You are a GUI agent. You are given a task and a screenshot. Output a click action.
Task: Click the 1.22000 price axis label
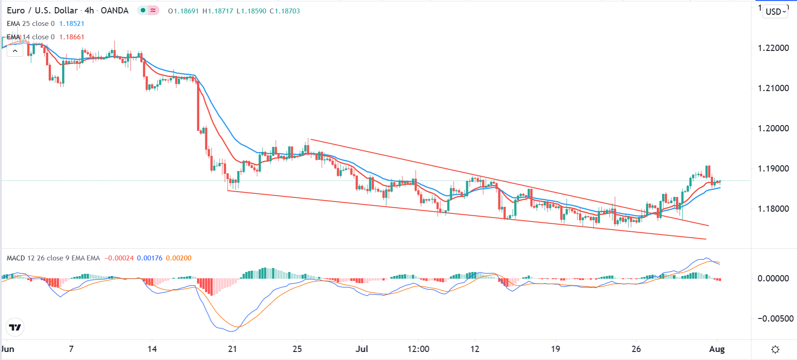pyautogui.click(x=773, y=48)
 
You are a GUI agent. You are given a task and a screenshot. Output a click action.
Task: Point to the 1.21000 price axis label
pyautogui.click(x=773, y=88)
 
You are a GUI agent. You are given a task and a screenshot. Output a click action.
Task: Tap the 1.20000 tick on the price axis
pyautogui.click(x=773, y=128)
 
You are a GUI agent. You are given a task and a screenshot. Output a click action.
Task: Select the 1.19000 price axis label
pyautogui.click(x=773, y=168)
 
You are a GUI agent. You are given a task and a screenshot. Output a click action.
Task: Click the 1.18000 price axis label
pyautogui.click(x=773, y=209)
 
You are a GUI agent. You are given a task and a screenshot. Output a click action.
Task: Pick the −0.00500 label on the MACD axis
pyautogui.click(x=776, y=318)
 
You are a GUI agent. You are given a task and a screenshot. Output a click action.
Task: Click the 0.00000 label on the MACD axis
pyautogui.click(x=773, y=278)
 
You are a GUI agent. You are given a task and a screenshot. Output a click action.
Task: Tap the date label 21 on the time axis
pyautogui.click(x=232, y=349)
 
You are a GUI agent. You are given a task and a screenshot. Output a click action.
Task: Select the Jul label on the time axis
pyautogui.click(x=362, y=349)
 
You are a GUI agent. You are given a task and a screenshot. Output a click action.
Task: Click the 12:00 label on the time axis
pyautogui.click(x=418, y=349)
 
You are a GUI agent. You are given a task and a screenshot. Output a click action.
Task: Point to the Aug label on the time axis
pyautogui.click(x=717, y=349)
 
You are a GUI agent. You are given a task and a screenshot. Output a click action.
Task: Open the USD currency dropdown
pyautogui.click(x=776, y=12)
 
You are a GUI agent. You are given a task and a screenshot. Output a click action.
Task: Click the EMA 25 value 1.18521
pyautogui.click(x=72, y=24)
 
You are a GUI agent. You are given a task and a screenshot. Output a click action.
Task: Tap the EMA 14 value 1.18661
pyautogui.click(x=72, y=37)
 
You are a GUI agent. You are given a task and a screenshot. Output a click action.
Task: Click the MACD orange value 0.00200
pyautogui.click(x=179, y=258)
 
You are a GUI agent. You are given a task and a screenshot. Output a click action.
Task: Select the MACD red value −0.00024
pyautogui.click(x=119, y=258)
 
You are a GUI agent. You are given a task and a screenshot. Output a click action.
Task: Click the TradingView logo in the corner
pyautogui.click(x=15, y=327)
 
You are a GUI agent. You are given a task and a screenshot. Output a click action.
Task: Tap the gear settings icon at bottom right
pyautogui.click(x=776, y=349)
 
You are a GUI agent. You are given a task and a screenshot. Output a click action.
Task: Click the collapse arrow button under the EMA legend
pyautogui.click(x=15, y=51)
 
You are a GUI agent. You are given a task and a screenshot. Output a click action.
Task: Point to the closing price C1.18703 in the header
pyautogui.click(x=285, y=11)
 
